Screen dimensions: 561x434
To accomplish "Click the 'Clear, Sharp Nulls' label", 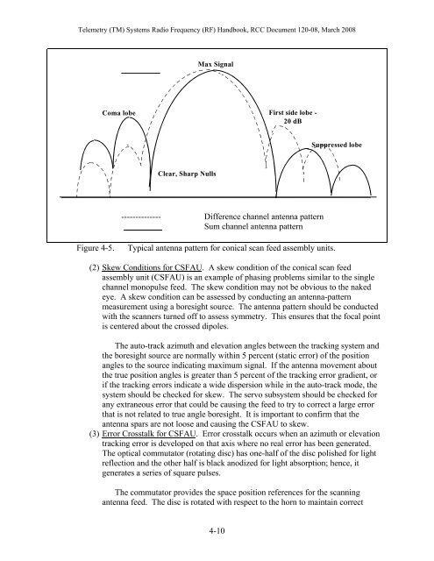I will (188, 174).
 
